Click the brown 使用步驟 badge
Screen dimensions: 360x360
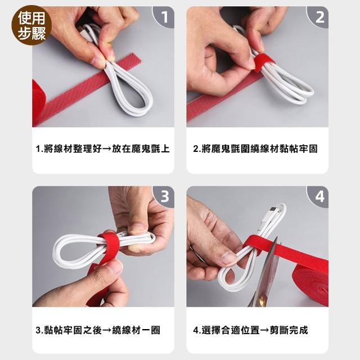[x=31, y=25]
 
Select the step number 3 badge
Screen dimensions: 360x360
[x=164, y=196]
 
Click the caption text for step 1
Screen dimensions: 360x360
[x=102, y=148]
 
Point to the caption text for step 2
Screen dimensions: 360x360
[x=255, y=148]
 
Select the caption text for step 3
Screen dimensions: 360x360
[x=98, y=330]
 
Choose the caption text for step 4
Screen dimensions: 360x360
[x=250, y=330]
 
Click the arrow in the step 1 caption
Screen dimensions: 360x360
[x=107, y=149]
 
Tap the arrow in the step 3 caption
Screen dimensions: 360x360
[x=107, y=330]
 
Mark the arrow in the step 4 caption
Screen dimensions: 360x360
[x=264, y=330]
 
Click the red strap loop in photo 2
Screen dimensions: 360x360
[x=264, y=61]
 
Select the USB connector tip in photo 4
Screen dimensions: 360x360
[x=272, y=209]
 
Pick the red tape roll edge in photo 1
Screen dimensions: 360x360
[x=38, y=101]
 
